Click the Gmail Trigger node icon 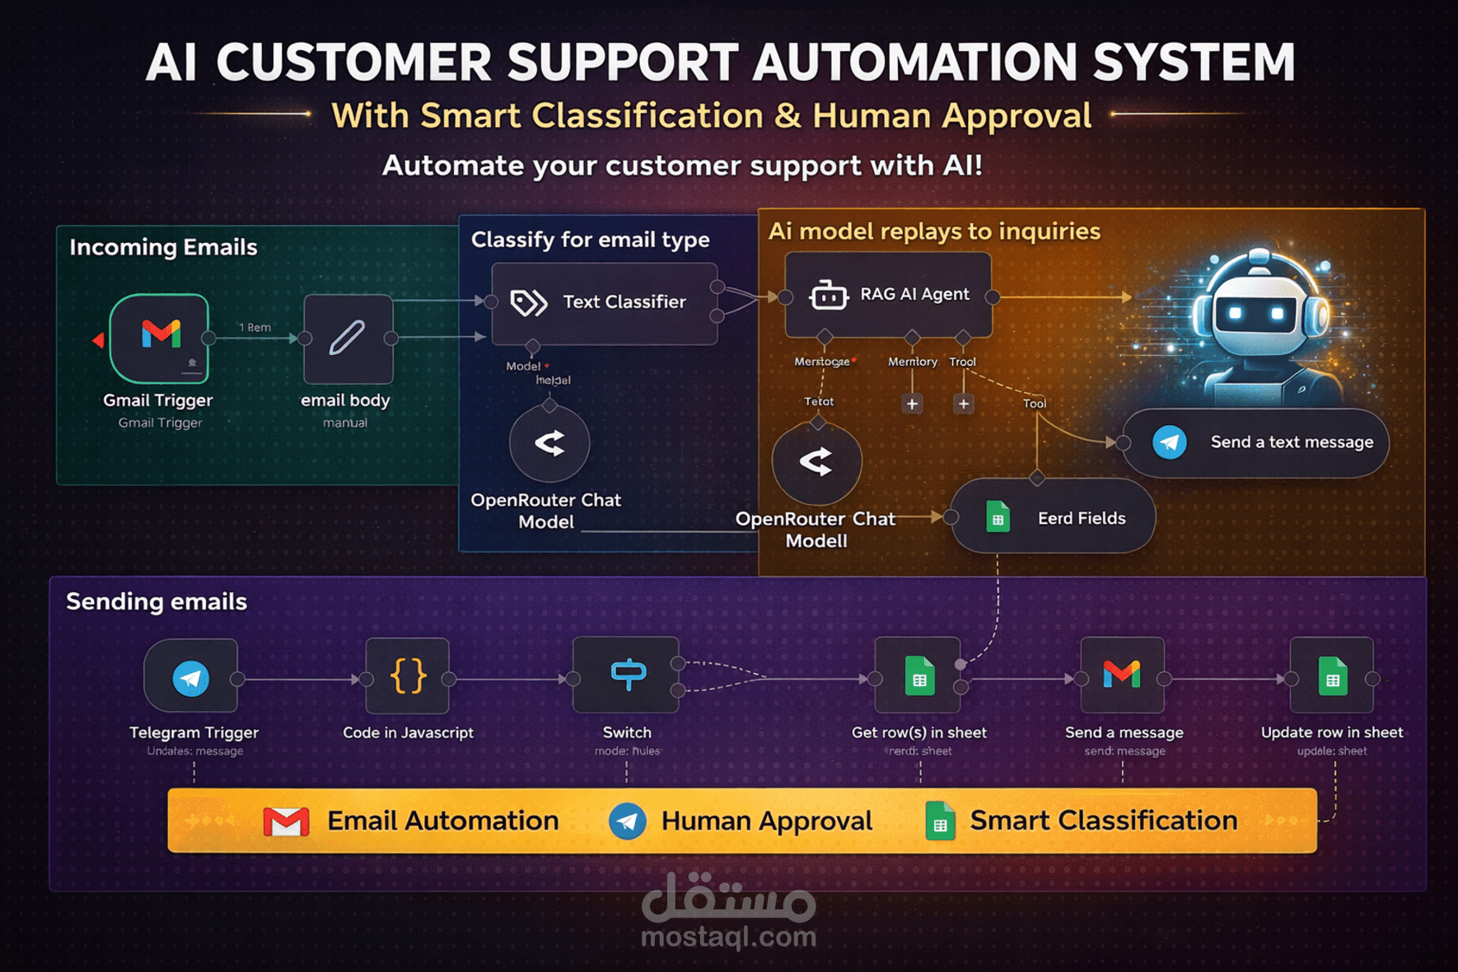160,337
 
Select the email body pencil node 348,338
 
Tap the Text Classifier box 605,303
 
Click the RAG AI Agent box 888,295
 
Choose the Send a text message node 1255,442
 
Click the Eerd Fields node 1053,517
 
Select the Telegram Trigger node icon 191,678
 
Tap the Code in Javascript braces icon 408,676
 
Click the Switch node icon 627,675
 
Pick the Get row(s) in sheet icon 918,676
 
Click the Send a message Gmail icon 1122,675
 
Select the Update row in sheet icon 1332,676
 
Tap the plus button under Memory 912,404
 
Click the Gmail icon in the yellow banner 286,821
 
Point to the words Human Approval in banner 766,821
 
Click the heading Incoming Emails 163,247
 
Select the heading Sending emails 157,601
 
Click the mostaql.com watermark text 728,937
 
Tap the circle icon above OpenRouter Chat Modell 816,462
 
